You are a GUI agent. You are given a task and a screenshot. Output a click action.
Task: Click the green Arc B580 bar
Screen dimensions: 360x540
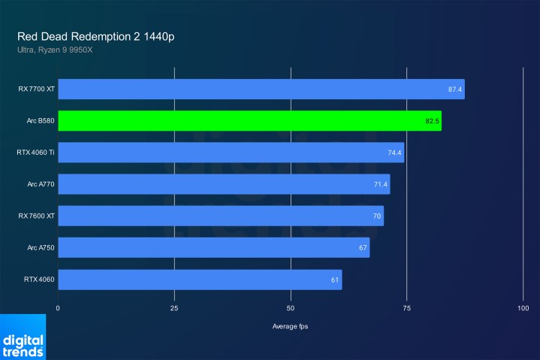pyautogui.click(x=248, y=121)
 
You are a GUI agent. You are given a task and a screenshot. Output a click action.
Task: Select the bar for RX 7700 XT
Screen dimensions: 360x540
pyautogui.click(x=260, y=89)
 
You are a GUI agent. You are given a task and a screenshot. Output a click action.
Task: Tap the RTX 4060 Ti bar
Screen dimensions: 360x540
pyautogui.click(x=230, y=153)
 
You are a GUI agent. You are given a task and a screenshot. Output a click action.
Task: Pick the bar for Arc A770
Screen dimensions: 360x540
pyautogui.click(x=223, y=184)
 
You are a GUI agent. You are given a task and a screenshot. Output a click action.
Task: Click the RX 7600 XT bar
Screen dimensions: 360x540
pyautogui.click(x=220, y=216)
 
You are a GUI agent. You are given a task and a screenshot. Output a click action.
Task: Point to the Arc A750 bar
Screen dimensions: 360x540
pyautogui.click(x=213, y=248)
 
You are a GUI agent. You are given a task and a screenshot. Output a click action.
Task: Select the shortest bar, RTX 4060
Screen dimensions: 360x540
pyautogui.click(x=199, y=280)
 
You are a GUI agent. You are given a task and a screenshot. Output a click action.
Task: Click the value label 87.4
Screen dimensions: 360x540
pyautogui.click(x=455, y=89)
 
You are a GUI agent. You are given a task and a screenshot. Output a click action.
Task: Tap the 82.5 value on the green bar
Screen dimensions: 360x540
pyautogui.click(x=432, y=121)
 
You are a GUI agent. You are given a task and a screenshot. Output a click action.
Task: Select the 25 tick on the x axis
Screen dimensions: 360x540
pyautogui.click(x=174, y=308)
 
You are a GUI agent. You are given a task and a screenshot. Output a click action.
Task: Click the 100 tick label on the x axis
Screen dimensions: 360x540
pyautogui.click(x=523, y=308)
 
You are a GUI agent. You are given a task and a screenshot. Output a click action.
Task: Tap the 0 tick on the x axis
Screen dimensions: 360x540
pyautogui.click(x=58, y=308)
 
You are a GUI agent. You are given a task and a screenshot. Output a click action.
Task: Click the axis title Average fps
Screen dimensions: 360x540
pyautogui.click(x=290, y=326)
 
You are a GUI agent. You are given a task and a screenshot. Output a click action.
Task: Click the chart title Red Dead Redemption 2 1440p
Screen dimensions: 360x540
pyautogui.click(x=97, y=36)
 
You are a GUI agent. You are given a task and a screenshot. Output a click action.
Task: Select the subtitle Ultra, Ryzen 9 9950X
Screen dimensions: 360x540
pyautogui.click(x=55, y=50)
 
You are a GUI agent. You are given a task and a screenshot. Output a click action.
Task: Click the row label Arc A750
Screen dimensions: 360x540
pyautogui.click(x=41, y=248)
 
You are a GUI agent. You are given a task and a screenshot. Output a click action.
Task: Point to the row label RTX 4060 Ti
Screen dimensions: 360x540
pyautogui.click(x=35, y=153)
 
